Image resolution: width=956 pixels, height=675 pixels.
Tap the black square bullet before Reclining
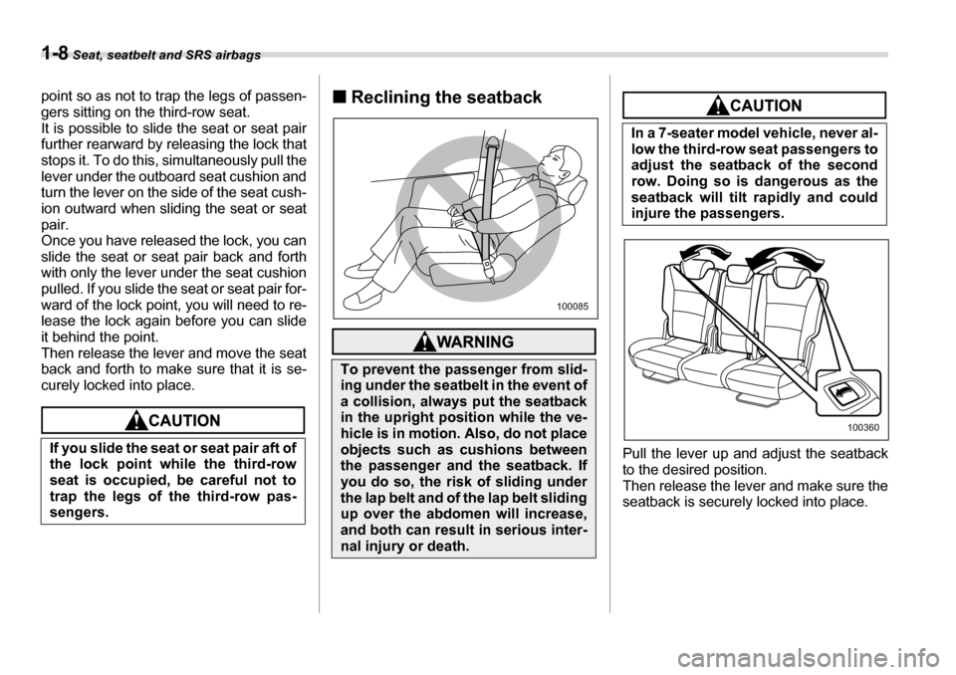341,98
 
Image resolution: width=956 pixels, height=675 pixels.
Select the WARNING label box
465,341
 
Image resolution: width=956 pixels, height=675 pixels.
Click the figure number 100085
573,305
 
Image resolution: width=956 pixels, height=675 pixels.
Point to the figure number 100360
863,426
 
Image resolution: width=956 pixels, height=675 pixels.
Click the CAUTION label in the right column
756,105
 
